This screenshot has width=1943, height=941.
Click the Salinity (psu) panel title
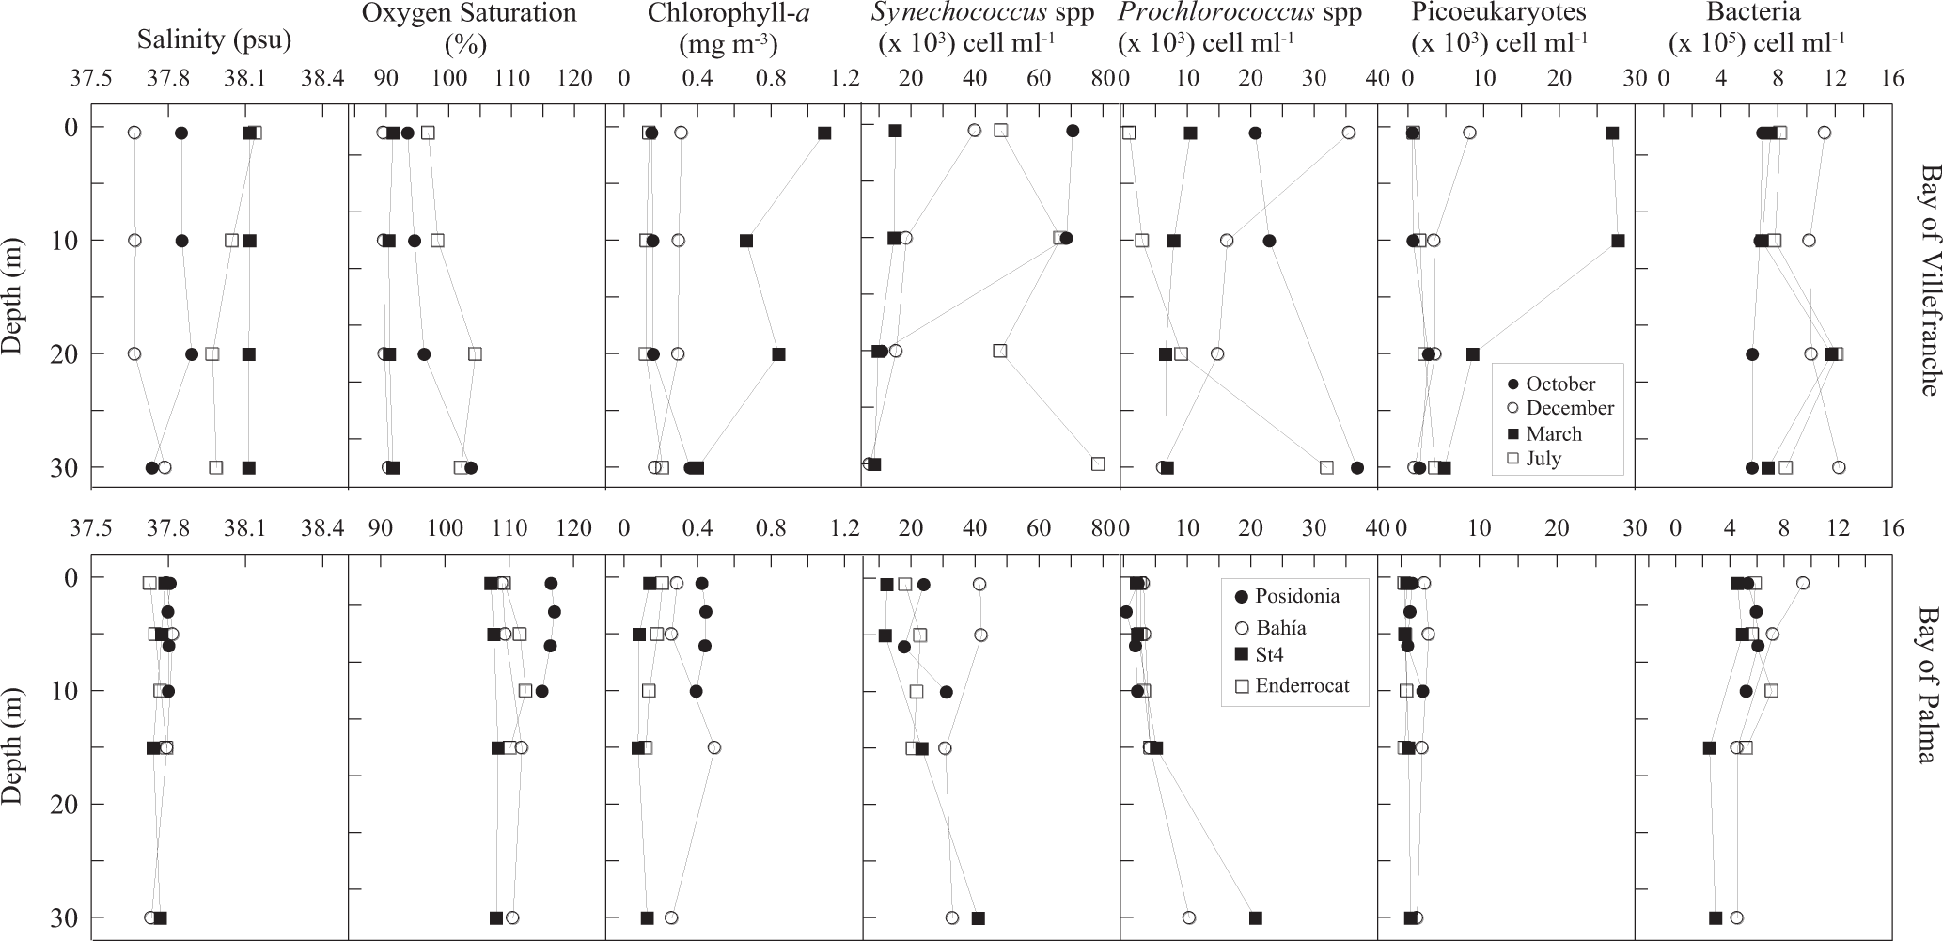pyautogui.click(x=214, y=40)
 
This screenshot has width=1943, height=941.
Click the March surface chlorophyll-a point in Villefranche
pyautogui.click(x=824, y=133)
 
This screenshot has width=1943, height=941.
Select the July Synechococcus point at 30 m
pyautogui.click(x=1098, y=463)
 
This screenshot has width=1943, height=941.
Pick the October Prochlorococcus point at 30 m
pyautogui.click(x=1357, y=467)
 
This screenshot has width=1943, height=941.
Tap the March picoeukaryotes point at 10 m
pyautogui.click(x=1618, y=241)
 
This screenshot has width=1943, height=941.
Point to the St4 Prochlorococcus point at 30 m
pyautogui.click(x=1255, y=917)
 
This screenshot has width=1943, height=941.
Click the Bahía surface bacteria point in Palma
pyautogui.click(x=1802, y=583)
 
